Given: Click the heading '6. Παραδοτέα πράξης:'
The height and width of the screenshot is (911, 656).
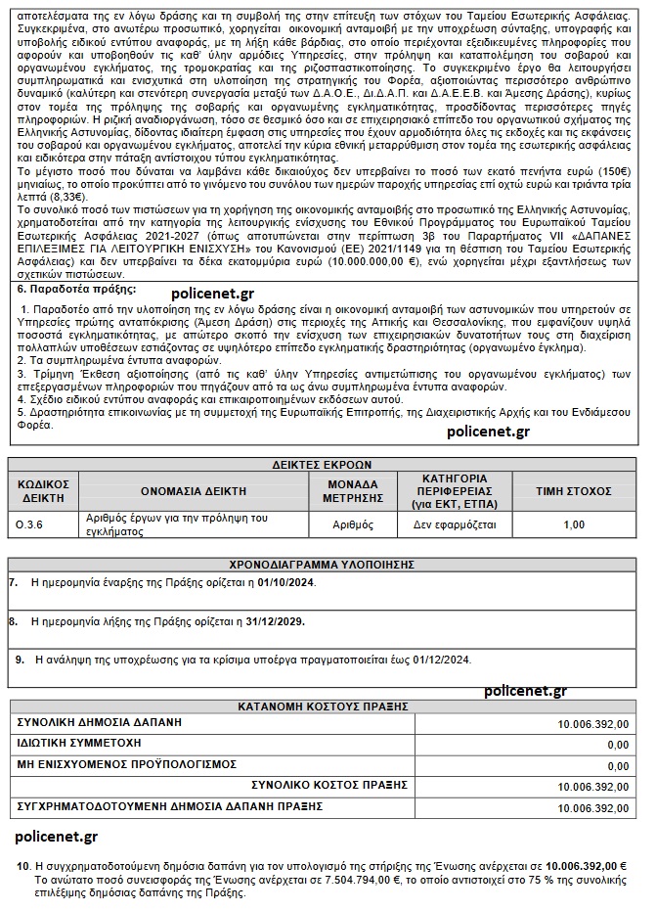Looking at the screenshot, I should click(77, 291).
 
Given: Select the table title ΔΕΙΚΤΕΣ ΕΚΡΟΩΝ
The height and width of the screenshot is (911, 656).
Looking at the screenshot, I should click(322, 464).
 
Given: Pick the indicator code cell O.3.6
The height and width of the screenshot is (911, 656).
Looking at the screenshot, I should click(30, 525).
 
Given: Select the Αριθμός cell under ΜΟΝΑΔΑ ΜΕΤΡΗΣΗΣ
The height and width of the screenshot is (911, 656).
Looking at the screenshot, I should click(353, 525).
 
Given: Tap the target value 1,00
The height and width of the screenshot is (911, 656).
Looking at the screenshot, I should click(574, 525).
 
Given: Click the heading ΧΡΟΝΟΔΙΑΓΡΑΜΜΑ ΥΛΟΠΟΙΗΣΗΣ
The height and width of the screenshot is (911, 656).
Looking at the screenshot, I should click(322, 565).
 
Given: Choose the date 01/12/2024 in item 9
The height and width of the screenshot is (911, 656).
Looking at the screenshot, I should click(440, 660).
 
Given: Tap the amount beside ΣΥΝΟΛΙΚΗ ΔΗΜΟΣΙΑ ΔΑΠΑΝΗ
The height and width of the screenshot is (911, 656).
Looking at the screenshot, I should click(592, 724).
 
